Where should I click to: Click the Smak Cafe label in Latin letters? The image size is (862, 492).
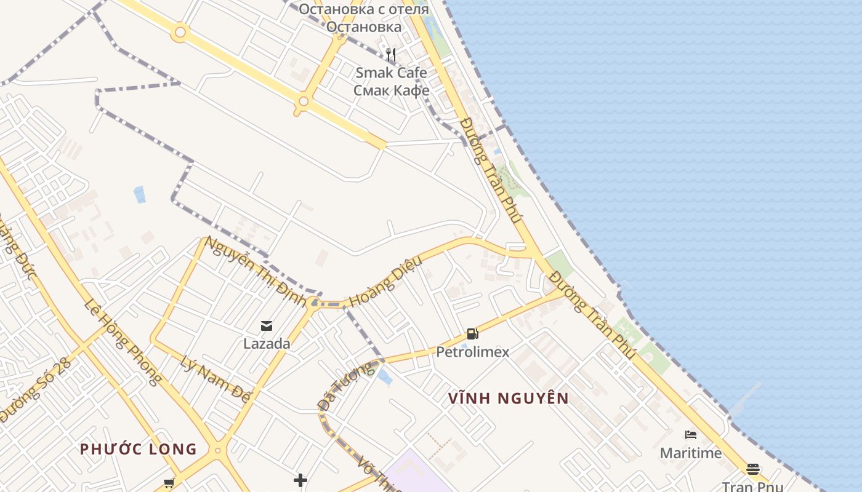[x=391, y=73]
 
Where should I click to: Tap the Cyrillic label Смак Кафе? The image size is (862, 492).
[x=391, y=90]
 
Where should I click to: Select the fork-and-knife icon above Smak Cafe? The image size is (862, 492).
[x=390, y=55]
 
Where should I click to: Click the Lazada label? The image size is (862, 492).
[x=267, y=344]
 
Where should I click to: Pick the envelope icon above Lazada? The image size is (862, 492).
[x=267, y=326]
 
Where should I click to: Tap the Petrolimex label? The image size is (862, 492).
[x=472, y=352]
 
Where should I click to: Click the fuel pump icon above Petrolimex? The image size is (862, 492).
[x=472, y=334]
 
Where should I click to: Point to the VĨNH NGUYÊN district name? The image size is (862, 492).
[x=509, y=399]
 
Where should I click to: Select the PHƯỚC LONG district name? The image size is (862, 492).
[x=139, y=449]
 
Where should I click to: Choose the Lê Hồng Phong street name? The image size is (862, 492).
[x=123, y=342]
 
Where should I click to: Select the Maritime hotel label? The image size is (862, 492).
[x=691, y=453]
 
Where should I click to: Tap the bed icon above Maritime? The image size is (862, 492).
[x=691, y=435]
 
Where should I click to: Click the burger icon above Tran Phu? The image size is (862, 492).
[x=752, y=469]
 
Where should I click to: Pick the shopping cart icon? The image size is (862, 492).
[x=169, y=483]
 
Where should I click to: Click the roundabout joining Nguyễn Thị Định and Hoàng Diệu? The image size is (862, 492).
[x=315, y=302]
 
